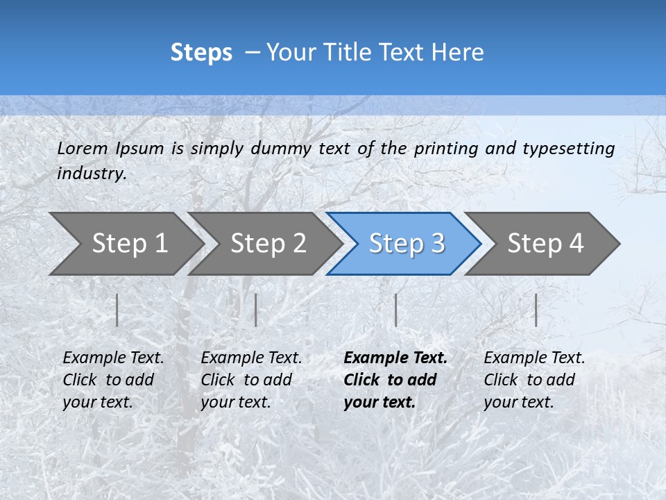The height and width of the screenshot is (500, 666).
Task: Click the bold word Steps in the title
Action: click(x=201, y=53)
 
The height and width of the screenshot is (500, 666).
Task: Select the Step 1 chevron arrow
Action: click(x=129, y=243)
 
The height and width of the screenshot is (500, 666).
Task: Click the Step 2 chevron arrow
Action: click(x=268, y=243)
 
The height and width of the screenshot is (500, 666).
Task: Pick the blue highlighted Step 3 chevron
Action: click(x=407, y=243)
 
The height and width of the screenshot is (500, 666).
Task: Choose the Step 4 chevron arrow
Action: click(x=545, y=243)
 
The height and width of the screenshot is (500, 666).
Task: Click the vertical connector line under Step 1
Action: click(x=117, y=310)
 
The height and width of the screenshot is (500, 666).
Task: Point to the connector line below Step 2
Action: click(x=256, y=310)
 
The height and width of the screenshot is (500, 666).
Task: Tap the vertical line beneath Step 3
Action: click(x=395, y=310)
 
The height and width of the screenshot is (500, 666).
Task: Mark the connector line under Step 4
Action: click(x=536, y=310)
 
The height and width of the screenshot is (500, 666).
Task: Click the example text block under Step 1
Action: click(x=113, y=380)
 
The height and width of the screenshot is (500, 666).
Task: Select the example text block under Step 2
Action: click(x=251, y=380)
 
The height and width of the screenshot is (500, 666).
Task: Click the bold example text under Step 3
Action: click(x=395, y=380)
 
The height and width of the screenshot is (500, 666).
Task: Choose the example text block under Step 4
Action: click(x=534, y=380)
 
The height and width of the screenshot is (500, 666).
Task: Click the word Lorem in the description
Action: click(x=83, y=149)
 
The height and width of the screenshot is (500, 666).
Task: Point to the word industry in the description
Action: click(x=92, y=174)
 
